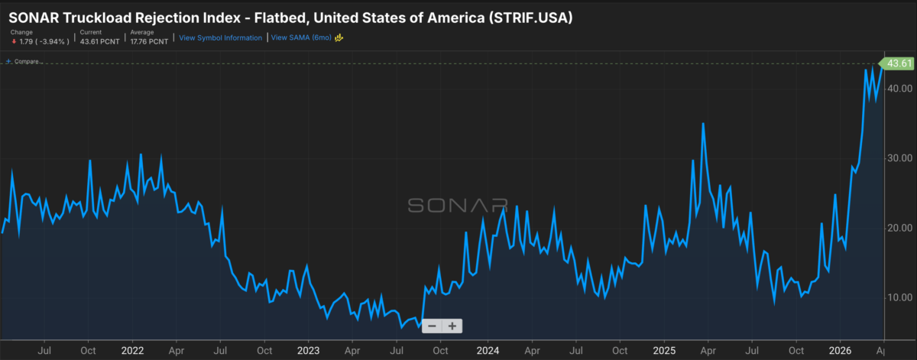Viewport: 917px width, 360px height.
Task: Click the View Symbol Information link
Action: pyautogui.click(x=220, y=37)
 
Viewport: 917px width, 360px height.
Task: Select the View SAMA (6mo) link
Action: pyautogui.click(x=300, y=37)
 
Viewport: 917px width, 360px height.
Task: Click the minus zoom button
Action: pyautogui.click(x=432, y=326)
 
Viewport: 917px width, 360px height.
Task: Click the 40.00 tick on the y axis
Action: pyautogui.click(x=900, y=88)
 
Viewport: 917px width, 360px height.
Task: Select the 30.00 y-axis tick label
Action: pyautogui.click(x=900, y=158)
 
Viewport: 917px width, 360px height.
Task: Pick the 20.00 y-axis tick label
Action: pyautogui.click(x=900, y=228)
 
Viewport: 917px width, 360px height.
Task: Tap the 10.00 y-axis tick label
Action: pyautogui.click(x=900, y=297)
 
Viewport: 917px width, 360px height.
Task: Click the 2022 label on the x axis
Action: pyautogui.click(x=133, y=350)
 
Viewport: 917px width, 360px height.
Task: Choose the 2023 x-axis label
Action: pyautogui.click(x=308, y=350)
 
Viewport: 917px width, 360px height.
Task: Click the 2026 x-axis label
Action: pyautogui.click(x=839, y=350)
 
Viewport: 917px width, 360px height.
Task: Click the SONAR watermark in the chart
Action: pyautogui.click(x=457, y=205)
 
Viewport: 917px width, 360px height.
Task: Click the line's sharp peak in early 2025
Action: pyautogui.click(x=703, y=123)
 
